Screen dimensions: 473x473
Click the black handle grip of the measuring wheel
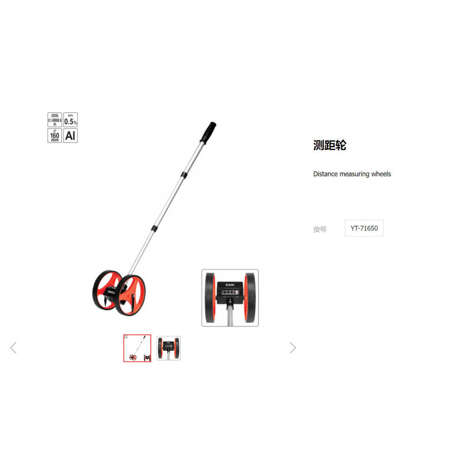tap(208, 131)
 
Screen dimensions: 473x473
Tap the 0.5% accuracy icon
tap(70, 120)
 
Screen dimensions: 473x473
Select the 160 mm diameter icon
tap(55, 135)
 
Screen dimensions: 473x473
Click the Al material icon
tap(70, 135)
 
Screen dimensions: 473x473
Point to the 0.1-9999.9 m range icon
tap(55, 120)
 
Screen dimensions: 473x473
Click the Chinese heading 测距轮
tap(330, 145)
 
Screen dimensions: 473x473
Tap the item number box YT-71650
tap(364, 228)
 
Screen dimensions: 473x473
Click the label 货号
tap(320, 229)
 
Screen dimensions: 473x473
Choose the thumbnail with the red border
tap(137, 348)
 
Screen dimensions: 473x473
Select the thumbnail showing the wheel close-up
tap(169, 348)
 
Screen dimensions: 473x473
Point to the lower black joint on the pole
tap(155, 228)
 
